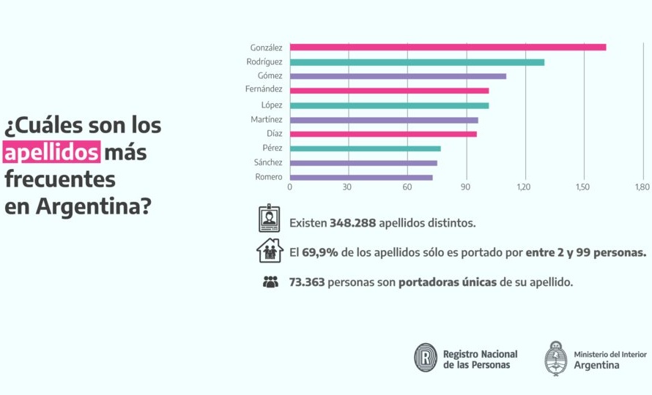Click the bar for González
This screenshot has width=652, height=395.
[x=448, y=48]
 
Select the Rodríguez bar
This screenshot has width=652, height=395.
[x=417, y=62]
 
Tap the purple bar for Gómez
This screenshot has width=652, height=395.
[x=398, y=76]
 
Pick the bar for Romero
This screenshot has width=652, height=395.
[x=361, y=177]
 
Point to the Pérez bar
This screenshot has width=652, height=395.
[x=365, y=148]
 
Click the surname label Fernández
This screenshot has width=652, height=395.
[x=264, y=90]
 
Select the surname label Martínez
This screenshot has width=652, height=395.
[x=266, y=119]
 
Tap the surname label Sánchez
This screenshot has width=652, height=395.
[x=268, y=162]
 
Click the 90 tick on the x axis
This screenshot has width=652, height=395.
[x=465, y=187]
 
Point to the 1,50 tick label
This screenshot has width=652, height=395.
[x=583, y=187]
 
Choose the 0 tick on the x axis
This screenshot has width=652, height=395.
[x=289, y=187]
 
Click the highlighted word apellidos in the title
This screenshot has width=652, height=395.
[x=51, y=153]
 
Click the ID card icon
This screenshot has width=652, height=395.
[x=270, y=219]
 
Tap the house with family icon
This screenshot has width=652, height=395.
[x=270, y=251]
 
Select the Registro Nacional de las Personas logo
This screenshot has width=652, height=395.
[x=426, y=358]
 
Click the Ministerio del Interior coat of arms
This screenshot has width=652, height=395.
[x=556, y=358]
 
